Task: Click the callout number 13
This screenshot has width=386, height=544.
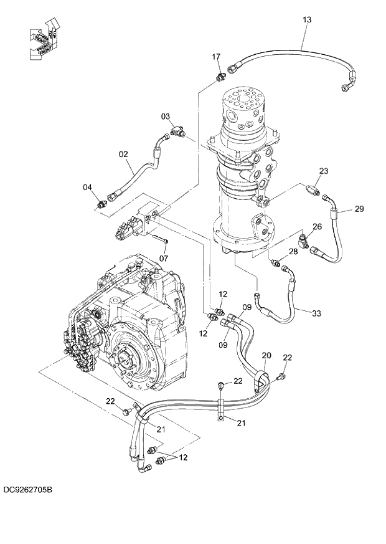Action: coord(306,20)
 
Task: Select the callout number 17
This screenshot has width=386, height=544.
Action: coord(216,57)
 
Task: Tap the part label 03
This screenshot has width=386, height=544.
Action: coord(166,117)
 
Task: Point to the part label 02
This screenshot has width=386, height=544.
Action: coord(123,153)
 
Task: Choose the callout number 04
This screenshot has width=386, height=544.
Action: coord(88,187)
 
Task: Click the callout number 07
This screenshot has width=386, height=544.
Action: coord(164,257)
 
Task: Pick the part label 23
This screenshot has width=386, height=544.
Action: coord(323,171)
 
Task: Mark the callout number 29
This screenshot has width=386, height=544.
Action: coord(359,209)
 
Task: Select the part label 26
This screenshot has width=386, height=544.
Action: coord(317,226)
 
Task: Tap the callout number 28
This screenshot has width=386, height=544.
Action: coord(293,252)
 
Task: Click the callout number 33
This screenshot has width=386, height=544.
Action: coord(316,313)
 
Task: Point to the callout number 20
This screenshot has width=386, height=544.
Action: coord(266,355)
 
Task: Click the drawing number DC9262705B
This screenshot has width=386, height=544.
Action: coord(27,490)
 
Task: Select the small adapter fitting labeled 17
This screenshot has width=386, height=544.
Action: coord(219,77)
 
